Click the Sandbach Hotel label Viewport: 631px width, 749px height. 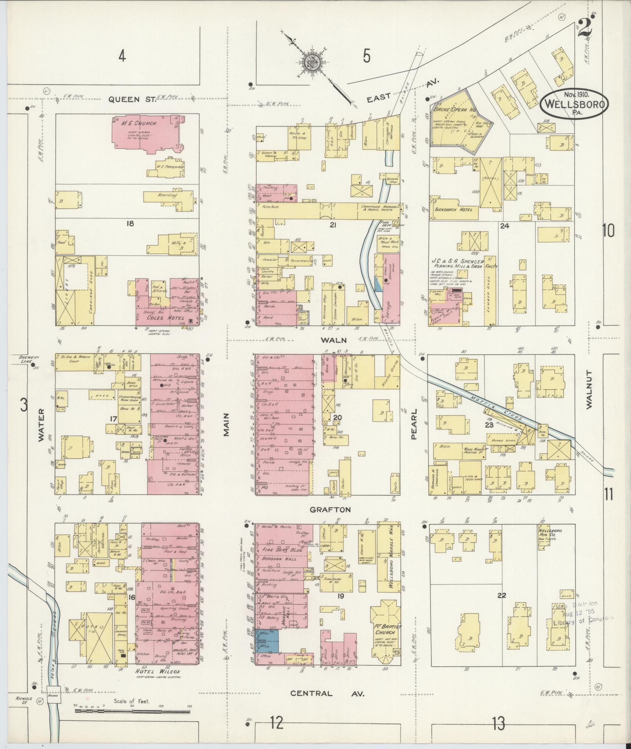click(456, 209)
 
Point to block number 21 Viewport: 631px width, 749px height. click(333, 224)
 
